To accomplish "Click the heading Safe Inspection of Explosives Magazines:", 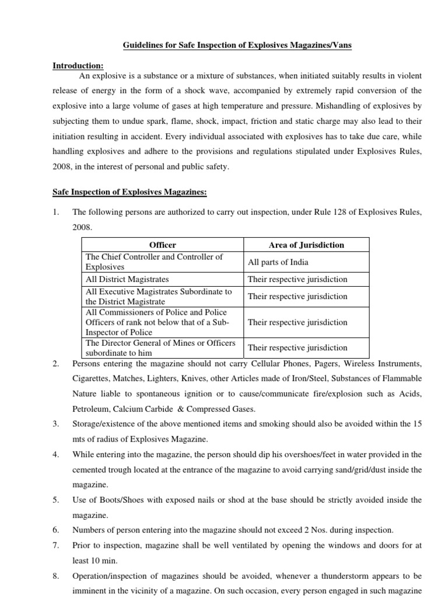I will coord(126,193).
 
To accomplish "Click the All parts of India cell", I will coord(278,262).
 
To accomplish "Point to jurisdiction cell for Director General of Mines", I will coord(297,347).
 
